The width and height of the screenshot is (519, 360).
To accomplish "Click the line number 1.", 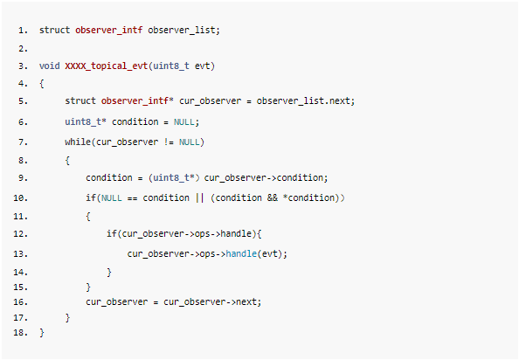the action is (24, 31).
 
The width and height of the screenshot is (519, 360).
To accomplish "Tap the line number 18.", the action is (20, 333).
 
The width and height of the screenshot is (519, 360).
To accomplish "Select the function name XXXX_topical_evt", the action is (107, 66).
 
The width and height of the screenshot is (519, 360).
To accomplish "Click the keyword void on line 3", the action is (49, 66).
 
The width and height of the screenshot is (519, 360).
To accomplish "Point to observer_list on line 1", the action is (182, 30).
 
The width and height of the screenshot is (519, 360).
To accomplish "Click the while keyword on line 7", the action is (78, 142).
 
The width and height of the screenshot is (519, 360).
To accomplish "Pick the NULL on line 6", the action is (184, 122).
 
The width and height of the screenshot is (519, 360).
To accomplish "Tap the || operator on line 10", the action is (200, 197).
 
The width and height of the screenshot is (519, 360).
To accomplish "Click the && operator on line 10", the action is (273, 197).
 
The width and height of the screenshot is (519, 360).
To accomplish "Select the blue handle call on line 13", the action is (241, 253).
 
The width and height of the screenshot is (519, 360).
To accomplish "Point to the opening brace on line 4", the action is (42, 84).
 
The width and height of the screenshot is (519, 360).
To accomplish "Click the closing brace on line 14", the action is (109, 273).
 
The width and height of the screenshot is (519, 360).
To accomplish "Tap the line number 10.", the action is (20, 198).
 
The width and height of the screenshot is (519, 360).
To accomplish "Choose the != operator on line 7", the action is (169, 142).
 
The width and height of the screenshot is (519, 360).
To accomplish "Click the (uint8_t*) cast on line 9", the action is (174, 177).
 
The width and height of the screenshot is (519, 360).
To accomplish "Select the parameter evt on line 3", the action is (202, 66).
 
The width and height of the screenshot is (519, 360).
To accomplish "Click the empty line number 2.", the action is (24, 49).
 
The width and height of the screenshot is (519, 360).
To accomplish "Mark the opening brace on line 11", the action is (88, 217).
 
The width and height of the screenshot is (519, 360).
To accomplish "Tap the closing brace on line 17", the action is (67, 318).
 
